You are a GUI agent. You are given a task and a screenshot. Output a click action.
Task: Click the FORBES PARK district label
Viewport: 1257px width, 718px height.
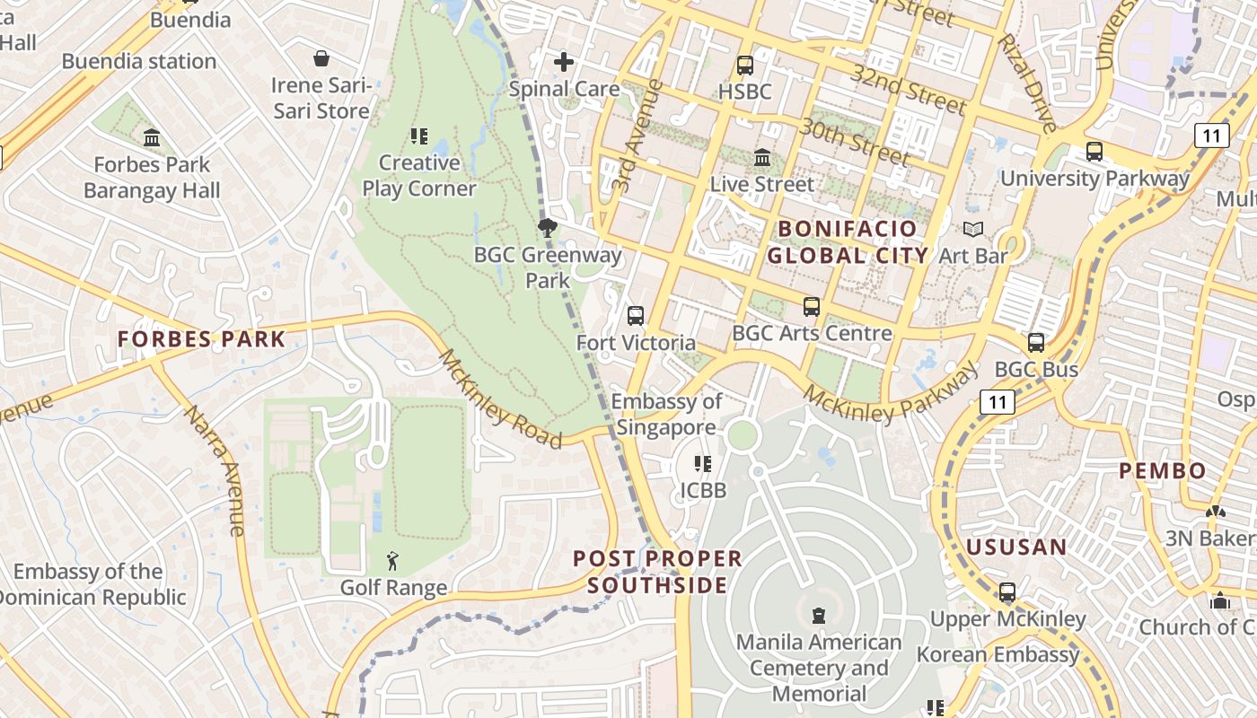tap(201, 339)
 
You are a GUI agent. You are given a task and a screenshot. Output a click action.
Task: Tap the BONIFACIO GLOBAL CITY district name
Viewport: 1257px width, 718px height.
tap(848, 242)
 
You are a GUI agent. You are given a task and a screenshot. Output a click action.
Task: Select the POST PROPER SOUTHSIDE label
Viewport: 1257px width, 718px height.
tap(657, 572)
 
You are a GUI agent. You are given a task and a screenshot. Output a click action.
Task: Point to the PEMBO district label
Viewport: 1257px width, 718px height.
tap(1162, 470)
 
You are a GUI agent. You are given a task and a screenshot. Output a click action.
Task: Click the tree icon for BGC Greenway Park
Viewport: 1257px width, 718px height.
tap(547, 227)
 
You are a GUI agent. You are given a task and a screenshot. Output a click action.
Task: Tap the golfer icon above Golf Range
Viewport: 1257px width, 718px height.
tap(393, 562)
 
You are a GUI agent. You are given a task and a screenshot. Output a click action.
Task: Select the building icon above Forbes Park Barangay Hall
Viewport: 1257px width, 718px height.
tap(152, 138)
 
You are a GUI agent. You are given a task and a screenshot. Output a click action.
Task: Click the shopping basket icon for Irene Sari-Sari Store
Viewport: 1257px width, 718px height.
tap(321, 59)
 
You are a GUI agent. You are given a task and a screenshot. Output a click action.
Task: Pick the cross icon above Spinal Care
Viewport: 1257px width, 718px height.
tap(564, 62)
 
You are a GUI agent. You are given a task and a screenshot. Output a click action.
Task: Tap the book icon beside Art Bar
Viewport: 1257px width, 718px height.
tap(973, 229)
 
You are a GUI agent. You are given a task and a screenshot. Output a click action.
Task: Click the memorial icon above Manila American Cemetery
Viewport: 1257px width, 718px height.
tap(818, 616)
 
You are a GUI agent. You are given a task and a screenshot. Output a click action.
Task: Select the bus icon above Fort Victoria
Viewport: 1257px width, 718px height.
tap(636, 316)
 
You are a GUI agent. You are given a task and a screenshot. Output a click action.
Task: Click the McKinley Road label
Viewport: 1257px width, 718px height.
tap(500, 399)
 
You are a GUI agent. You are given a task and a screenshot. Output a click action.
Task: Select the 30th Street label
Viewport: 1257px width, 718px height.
tap(854, 141)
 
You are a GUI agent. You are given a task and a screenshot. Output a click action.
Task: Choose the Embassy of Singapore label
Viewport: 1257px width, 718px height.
tap(666, 415)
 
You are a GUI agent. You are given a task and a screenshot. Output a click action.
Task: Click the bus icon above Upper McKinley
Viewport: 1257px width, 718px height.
tap(1007, 592)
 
